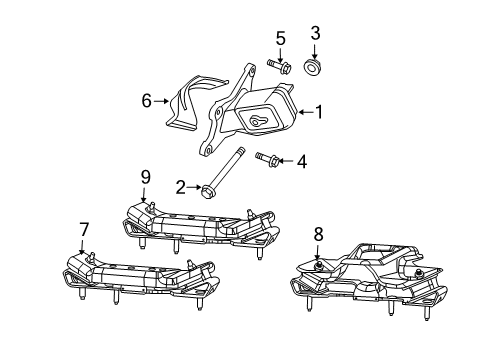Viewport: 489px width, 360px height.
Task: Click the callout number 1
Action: point(320,113)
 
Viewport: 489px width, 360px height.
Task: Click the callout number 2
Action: point(181,185)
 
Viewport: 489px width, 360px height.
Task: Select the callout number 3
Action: point(316,33)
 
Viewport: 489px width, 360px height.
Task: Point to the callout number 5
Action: point(281,39)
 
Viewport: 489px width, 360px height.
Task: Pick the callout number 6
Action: point(146,101)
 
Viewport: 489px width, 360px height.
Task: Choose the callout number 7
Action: point(83,229)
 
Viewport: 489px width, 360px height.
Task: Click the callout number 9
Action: point(145,177)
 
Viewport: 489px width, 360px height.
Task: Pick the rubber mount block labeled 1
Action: point(261,112)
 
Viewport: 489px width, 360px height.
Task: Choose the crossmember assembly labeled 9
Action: point(200,225)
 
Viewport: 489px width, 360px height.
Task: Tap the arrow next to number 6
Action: point(162,101)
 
